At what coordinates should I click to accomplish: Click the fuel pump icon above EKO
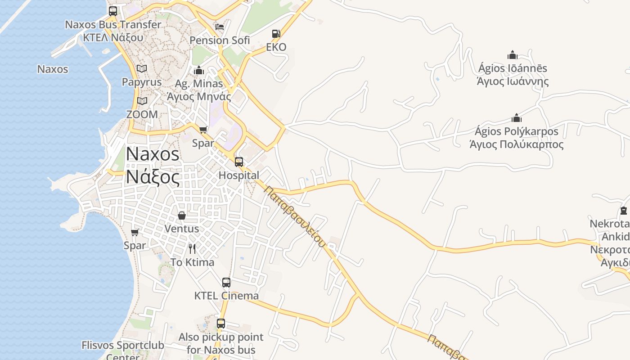pyautogui.click(x=276, y=34)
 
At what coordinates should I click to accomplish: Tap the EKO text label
pyautogui.click(x=276, y=47)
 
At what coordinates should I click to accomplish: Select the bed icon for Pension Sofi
pyautogui.click(x=220, y=27)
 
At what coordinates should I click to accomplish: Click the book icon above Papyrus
pyautogui.click(x=142, y=69)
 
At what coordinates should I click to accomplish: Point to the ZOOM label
pyautogui.click(x=142, y=114)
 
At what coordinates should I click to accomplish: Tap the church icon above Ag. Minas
pyautogui.click(x=199, y=70)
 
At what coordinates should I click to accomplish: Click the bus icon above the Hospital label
pyautogui.click(x=239, y=162)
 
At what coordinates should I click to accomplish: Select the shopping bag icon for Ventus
pyautogui.click(x=182, y=216)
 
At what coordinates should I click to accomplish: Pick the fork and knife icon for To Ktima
pyautogui.click(x=192, y=249)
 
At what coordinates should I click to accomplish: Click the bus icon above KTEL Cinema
pyautogui.click(x=226, y=283)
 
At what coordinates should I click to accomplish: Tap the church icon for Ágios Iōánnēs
pyautogui.click(x=513, y=55)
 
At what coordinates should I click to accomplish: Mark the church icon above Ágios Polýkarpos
pyautogui.click(x=517, y=118)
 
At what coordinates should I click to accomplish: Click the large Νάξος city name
pyautogui.click(x=153, y=176)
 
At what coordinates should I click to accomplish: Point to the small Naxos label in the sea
pyautogui.click(x=53, y=69)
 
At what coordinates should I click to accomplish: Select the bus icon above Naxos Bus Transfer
pyautogui.click(x=113, y=11)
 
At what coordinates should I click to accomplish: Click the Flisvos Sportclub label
pyautogui.click(x=122, y=346)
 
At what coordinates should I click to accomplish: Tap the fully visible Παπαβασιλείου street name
pyautogui.click(x=295, y=216)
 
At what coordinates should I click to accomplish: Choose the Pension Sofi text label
pyautogui.click(x=220, y=40)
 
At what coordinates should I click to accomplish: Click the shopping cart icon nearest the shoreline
pyautogui.click(x=135, y=232)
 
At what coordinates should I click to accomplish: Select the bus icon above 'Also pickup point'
pyautogui.click(x=221, y=324)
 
